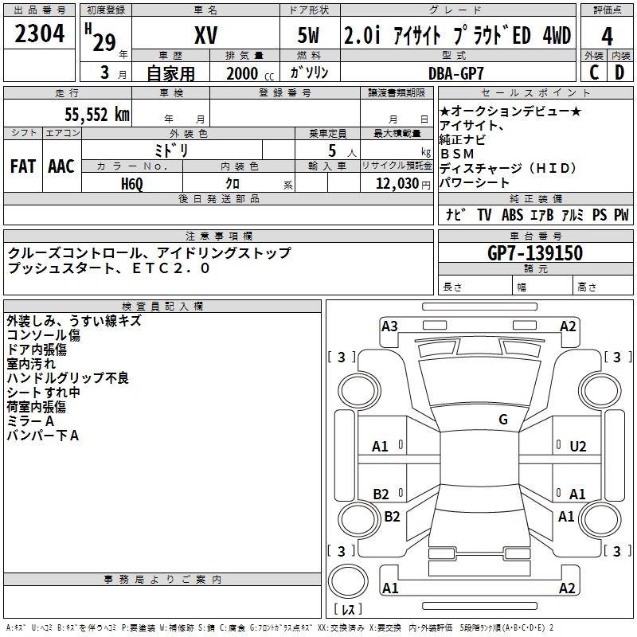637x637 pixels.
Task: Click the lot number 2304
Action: pos(40,33)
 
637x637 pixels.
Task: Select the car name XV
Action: pos(205,36)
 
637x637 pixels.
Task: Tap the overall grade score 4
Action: pos(607,36)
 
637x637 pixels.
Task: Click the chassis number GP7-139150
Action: pos(534,253)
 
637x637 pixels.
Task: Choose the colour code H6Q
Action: pos(133,183)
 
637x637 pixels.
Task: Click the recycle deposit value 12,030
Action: pos(393,184)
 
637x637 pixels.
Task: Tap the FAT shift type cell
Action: pos(22,166)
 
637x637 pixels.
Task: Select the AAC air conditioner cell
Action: pos(61,166)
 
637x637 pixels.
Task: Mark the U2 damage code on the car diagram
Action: pos(578,447)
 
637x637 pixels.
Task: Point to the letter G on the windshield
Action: pos(503,420)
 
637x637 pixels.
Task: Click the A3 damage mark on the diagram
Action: pos(389,326)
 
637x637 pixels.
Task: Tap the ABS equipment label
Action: pos(512,215)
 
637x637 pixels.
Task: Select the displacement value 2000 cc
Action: pos(248,74)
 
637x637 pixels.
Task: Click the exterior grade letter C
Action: pos(594,72)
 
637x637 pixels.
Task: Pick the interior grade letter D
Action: pos(619,72)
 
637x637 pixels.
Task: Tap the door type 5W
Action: pos(309,36)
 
